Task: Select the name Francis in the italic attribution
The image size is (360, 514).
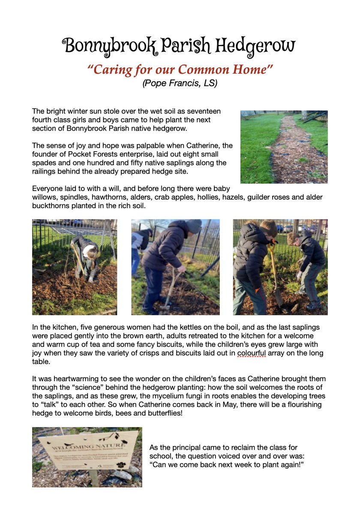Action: click(177, 83)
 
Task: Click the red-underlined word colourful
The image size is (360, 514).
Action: click(252, 353)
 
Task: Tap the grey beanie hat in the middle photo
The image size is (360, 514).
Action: click(194, 226)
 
